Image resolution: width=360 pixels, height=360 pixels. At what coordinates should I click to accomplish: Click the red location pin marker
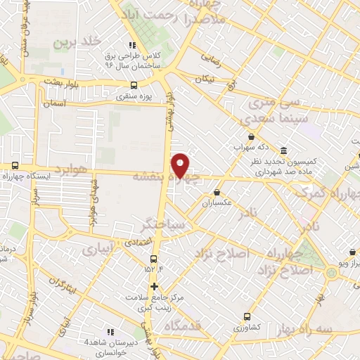click(181, 165)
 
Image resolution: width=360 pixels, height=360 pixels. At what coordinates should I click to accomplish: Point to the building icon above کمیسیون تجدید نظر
click(283, 151)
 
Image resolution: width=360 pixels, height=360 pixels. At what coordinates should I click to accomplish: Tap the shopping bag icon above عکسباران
click(217, 192)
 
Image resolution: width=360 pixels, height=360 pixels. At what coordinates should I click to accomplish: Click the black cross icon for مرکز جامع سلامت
click(155, 286)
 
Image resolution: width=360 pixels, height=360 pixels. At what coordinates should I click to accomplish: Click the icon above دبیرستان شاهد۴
click(110, 332)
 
